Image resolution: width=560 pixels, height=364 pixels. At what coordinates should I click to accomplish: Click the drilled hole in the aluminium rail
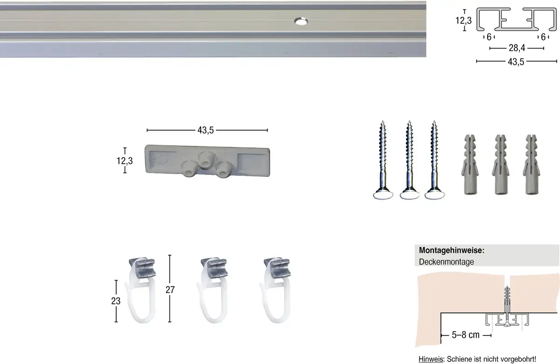[301, 21]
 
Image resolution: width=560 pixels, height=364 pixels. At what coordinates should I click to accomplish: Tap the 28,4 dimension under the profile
[517, 48]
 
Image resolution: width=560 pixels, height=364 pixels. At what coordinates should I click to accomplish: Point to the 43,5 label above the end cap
[205, 130]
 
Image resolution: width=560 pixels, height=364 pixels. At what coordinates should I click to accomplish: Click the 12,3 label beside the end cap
[125, 161]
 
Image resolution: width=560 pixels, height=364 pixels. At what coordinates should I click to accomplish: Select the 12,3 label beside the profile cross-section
[463, 20]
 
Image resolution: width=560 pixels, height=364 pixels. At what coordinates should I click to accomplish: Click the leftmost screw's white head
[383, 195]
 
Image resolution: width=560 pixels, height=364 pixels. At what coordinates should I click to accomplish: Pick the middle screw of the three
[409, 160]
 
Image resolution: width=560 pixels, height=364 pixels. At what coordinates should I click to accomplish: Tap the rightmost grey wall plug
[531, 164]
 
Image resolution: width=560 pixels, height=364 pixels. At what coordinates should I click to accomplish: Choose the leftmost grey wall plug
[470, 164]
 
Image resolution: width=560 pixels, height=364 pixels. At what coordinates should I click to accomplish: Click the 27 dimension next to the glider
[170, 289]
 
